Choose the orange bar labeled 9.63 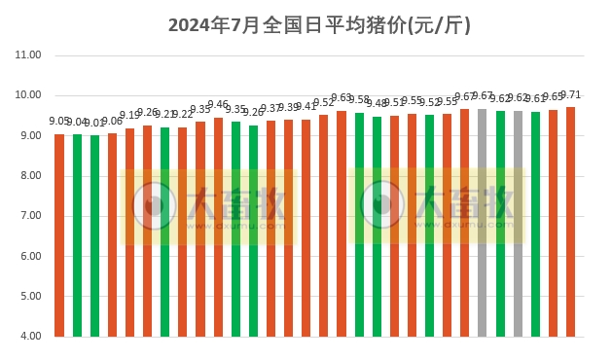click(342, 224)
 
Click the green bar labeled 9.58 click(359, 225)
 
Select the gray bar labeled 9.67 click(482, 223)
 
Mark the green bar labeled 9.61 click(535, 224)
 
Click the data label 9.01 click(94, 124)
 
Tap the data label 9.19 click(129, 116)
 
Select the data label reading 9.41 click(306, 107)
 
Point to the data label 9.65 click(553, 97)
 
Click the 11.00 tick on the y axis click(29, 55)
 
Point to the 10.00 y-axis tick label click(29, 95)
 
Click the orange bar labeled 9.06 click(112, 234)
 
